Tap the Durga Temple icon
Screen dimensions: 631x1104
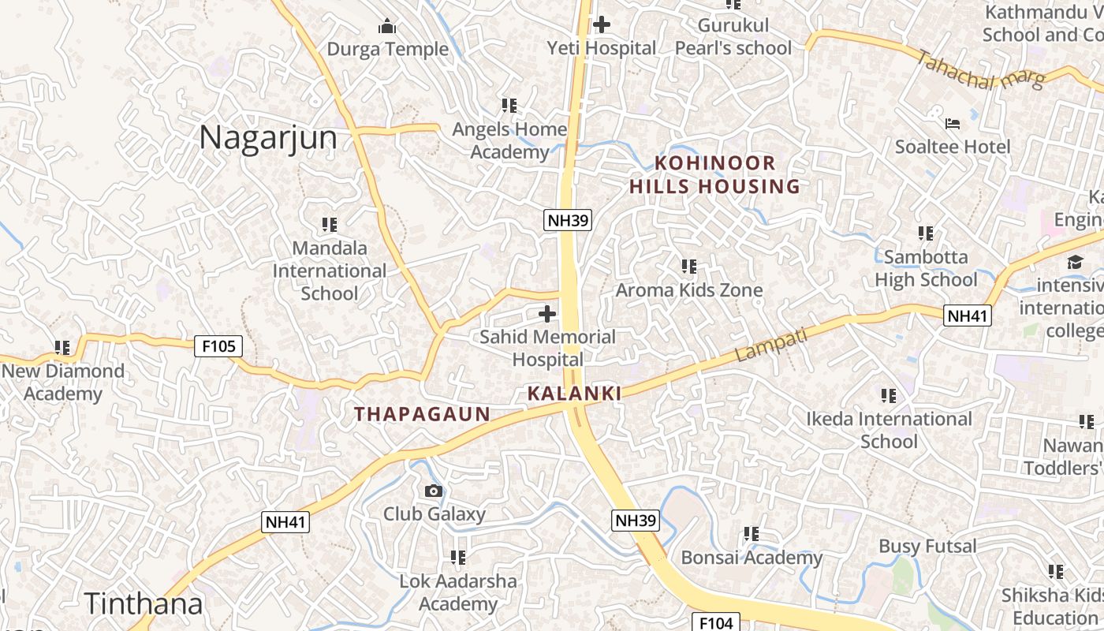(x=386, y=27)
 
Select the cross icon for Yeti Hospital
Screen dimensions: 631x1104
(x=602, y=24)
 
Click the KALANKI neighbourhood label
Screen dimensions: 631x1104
(x=574, y=393)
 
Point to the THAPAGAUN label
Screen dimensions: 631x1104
(x=422, y=413)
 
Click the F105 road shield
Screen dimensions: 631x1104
(x=218, y=345)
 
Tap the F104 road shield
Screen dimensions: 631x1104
(x=716, y=622)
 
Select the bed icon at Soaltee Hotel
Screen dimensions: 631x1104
(x=953, y=124)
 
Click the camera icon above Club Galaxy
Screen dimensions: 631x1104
(x=433, y=491)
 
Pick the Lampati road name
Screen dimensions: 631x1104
(x=772, y=345)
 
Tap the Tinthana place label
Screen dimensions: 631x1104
(x=144, y=603)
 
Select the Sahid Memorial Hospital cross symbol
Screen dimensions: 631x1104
(x=546, y=314)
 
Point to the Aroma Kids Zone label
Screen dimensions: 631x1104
(x=688, y=289)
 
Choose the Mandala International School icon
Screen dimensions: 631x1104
(x=330, y=225)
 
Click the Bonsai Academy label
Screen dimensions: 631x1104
(x=752, y=558)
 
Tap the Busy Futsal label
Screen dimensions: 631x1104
(x=927, y=546)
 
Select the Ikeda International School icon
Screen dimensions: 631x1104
(x=889, y=395)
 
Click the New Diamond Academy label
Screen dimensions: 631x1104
(x=63, y=382)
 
